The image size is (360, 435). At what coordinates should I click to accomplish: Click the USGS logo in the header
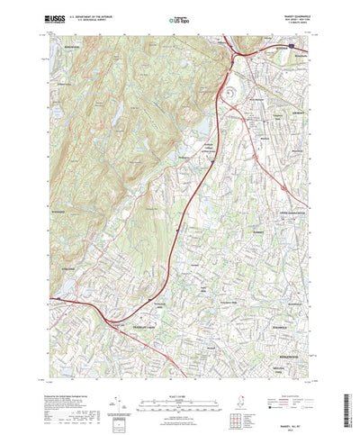tap(52, 17)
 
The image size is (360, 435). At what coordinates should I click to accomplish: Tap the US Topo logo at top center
tap(180, 17)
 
